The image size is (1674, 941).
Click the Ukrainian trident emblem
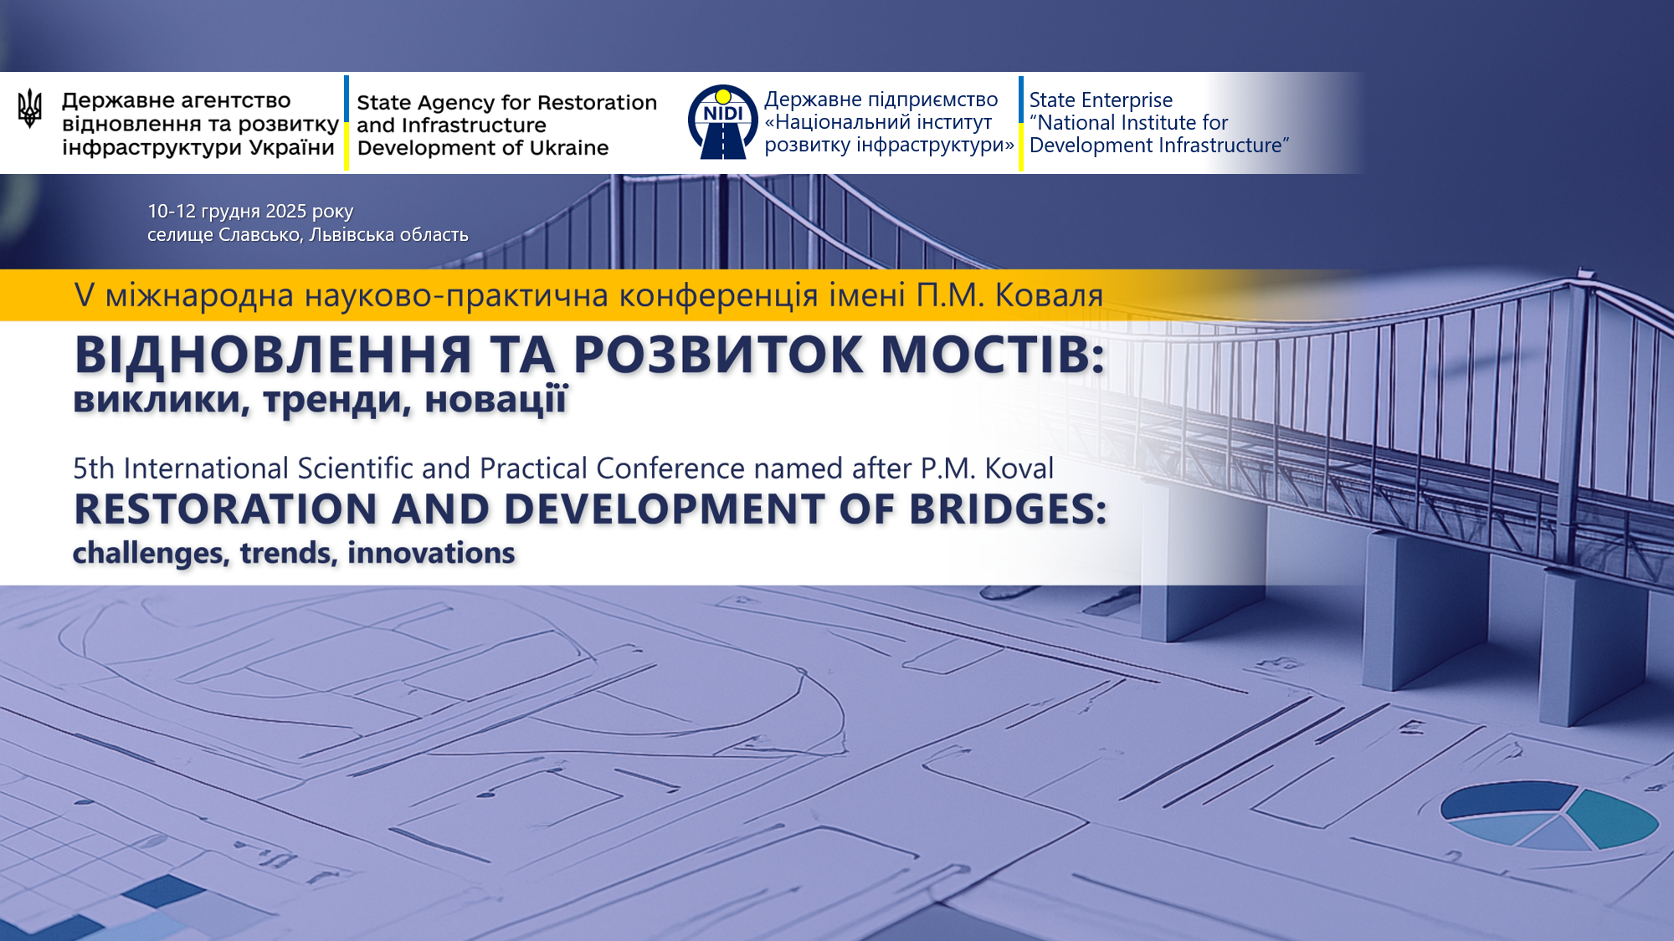point(29,108)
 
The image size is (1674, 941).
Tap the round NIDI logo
point(722,122)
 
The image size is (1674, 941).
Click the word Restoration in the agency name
point(597,103)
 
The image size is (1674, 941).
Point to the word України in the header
point(292,148)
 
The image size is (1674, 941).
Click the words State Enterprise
point(1101,100)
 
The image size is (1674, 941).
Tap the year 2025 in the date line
point(286,212)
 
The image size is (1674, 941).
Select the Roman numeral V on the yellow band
point(84,295)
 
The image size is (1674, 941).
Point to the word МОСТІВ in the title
point(993,355)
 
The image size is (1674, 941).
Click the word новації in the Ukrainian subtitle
point(496,399)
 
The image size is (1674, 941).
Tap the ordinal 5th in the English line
point(94,468)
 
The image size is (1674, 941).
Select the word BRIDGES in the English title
point(1008,509)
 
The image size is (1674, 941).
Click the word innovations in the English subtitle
point(431,553)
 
